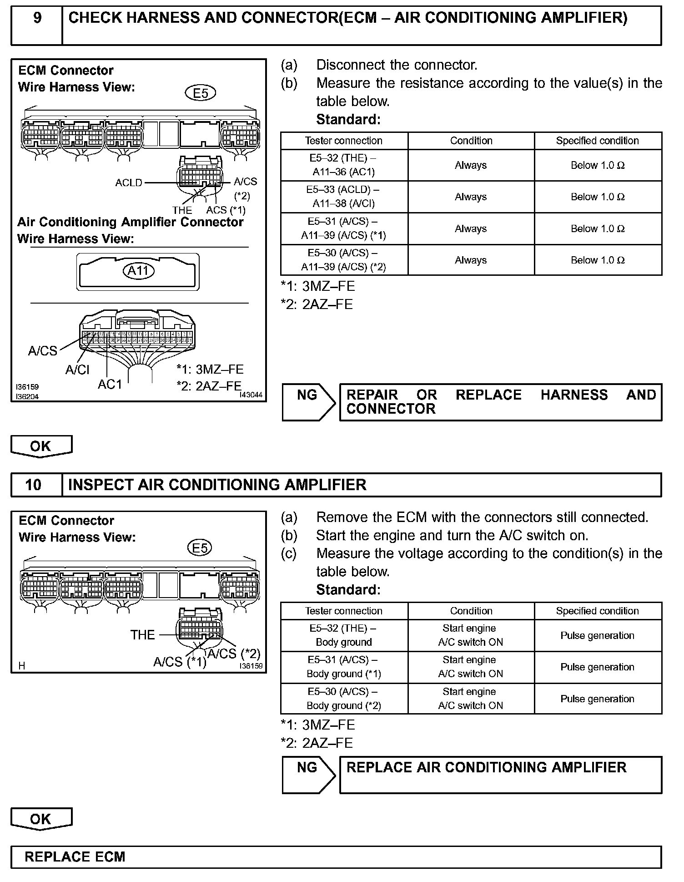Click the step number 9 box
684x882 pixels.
click(x=37, y=25)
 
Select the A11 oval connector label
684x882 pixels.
click(x=138, y=271)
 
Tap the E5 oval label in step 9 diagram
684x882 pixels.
click(x=201, y=93)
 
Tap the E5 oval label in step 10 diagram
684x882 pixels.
click(x=200, y=547)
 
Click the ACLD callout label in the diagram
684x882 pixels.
click(x=129, y=183)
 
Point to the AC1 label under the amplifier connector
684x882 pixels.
click(x=110, y=385)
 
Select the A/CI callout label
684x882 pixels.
click(x=77, y=370)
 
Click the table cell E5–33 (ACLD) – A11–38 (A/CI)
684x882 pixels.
click(x=344, y=197)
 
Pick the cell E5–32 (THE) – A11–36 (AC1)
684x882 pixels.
click(x=344, y=165)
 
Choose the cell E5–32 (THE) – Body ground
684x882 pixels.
click(x=344, y=635)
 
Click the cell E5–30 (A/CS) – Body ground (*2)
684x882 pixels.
click(x=344, y=699)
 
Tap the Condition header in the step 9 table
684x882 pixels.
click(x=471, y=141)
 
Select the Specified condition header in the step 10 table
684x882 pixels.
click(x=597, y=611)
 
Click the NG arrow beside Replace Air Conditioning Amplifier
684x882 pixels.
click(x=308, y=775)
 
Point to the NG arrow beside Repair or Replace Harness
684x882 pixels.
click(x=308, y=402)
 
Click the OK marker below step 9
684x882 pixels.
click(x=41, y=446)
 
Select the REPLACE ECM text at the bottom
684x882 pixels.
click(x=75, y=857)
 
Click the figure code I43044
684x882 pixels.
click(x=251, y=395)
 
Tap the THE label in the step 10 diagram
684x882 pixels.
click(x=142, y=635)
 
